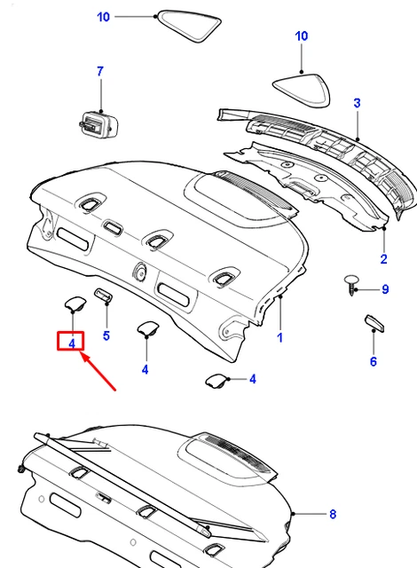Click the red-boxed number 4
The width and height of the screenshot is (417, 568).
[x=72, y=343]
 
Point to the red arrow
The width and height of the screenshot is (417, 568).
[x=98, y=372]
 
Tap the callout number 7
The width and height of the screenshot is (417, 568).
[x=100, y=71]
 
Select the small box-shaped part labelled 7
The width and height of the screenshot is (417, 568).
[x=98, y=124]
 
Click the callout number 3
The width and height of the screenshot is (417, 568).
[x=357, y=103]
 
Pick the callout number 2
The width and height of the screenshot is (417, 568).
[x=383, y=259]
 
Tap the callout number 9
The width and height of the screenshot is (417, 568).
[x=385, y=289]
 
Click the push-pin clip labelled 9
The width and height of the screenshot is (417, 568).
[x=350, y=285]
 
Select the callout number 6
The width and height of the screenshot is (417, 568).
[x=374, y=361]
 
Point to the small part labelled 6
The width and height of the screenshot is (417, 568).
[x=374, y=323]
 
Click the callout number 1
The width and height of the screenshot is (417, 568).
[x=279, y=337]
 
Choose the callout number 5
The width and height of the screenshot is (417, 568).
[x=106, y=335]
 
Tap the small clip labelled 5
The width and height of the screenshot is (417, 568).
[x=103, y=295]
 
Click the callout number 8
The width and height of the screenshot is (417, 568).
[x=333, y=514]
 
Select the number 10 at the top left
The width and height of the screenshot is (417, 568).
[x=103, y=17]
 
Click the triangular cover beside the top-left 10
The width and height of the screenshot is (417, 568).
[x=188, y=26]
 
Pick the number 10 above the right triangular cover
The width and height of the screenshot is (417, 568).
[x=302, y=35]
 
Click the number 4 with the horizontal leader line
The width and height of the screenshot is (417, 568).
[x=252, y=379]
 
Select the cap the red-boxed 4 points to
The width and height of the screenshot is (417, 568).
[x=75, y=304]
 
